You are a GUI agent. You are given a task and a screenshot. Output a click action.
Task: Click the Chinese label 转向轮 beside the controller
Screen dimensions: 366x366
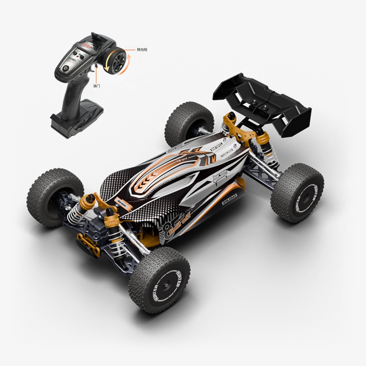(x=142, y=49)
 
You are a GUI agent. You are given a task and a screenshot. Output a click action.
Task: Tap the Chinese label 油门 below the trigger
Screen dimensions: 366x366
(x=96, y=86)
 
